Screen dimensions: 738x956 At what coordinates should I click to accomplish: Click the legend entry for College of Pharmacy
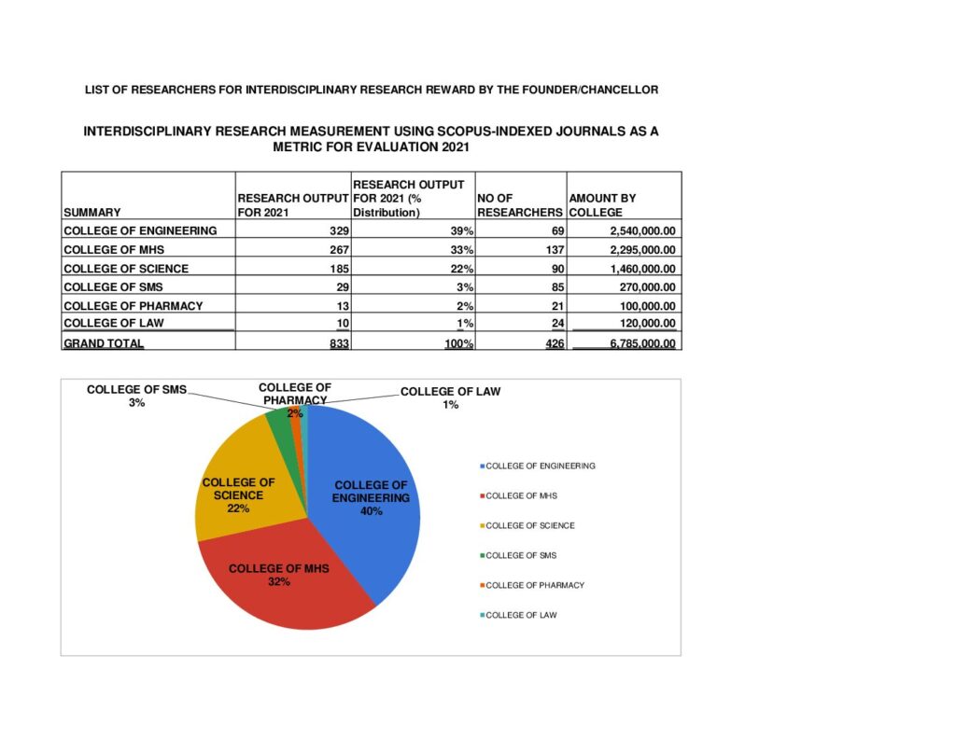pyautogui.click(x=535, y=585)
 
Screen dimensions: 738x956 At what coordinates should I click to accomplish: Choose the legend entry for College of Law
pyautogui.click(x=521, y=615)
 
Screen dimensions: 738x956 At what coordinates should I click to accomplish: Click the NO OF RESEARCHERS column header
pyautogui.click(x=519, y=205)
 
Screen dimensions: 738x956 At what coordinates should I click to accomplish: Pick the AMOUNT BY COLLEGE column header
pyautogui.click(x=602, y=205)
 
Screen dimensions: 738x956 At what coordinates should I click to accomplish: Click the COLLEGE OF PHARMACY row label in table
pyautogui.click(x=133, y=306)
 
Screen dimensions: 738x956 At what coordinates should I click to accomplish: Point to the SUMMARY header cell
pyautogui.click(x=91, y=212)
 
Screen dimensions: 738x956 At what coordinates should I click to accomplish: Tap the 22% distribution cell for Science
pyautogui.click(x=461, y=269)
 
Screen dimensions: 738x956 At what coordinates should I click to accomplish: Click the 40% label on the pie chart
pyautogui.click(x=371, y=510)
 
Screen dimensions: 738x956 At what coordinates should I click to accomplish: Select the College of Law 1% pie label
pyautogui.click(x=451, y=397)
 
